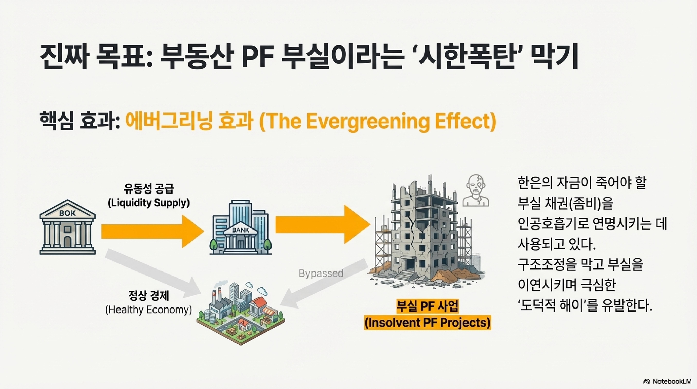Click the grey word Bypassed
(x=321, y=273)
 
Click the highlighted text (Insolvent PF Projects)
(x=428, y=323)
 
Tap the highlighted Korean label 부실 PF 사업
(x=428, y=306)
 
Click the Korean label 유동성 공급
(x=149, y=189)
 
